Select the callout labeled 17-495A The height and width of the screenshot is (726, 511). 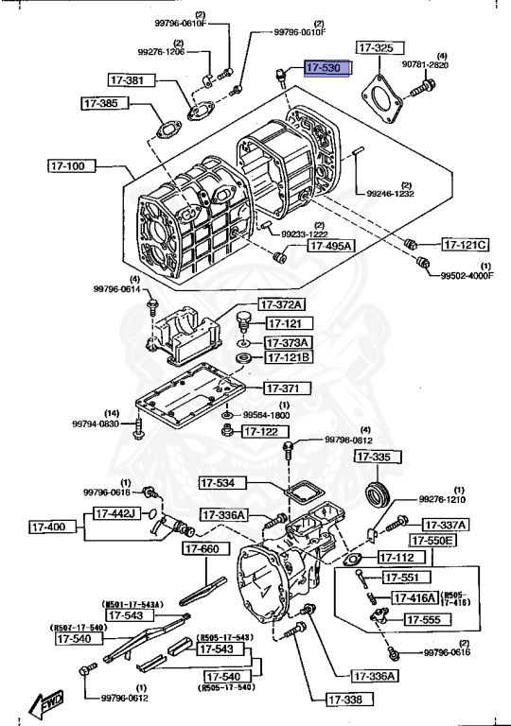coord(328,246)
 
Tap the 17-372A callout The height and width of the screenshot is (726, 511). coord(283,304)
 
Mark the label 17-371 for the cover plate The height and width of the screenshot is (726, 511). coord(282,388)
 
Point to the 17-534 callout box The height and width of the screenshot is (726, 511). coord(224,482)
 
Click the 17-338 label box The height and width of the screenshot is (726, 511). coord(346,700)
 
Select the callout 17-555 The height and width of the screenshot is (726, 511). coord(429,619)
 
